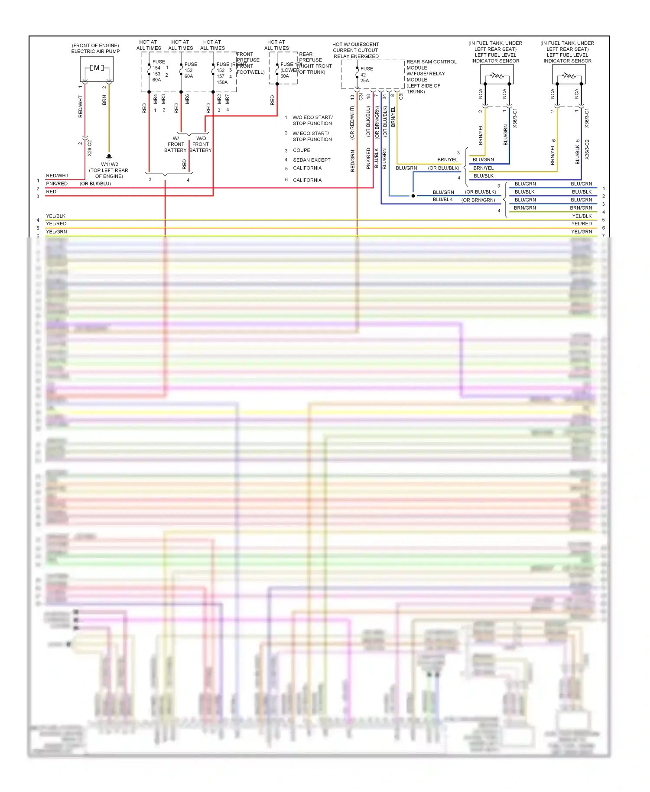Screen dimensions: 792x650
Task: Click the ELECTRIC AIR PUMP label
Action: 95,51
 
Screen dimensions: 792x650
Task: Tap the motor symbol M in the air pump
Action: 97,68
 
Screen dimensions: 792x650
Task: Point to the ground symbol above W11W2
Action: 109,156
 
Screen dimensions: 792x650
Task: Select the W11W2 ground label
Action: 110,164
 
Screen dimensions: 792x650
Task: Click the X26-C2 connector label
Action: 90,148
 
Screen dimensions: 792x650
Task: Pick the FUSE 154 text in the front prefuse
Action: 158,65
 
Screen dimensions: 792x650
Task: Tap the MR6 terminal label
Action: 187,99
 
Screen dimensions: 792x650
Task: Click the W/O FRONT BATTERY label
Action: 201,144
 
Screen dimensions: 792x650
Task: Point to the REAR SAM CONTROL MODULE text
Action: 431,65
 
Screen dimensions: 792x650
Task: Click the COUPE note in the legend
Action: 302,150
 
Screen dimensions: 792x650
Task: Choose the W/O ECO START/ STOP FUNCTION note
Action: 312,120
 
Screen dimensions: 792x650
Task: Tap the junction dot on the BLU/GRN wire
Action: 413,196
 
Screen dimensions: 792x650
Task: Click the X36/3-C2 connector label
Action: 587,149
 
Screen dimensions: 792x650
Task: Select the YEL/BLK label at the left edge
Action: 56,216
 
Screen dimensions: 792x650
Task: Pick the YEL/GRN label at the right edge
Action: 582,232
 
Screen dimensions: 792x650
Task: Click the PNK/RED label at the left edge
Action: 57,184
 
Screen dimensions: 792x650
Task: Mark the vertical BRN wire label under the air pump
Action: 104,101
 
